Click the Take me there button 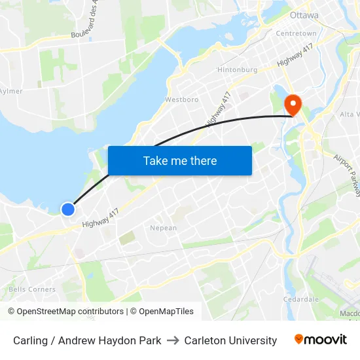180,160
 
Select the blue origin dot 68,209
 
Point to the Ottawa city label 304,15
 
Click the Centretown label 296,33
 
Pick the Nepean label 163,228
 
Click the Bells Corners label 32,289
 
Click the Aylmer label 10,91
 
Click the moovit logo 320,340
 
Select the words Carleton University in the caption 230,340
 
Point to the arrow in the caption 173,340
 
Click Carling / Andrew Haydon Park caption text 87,340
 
